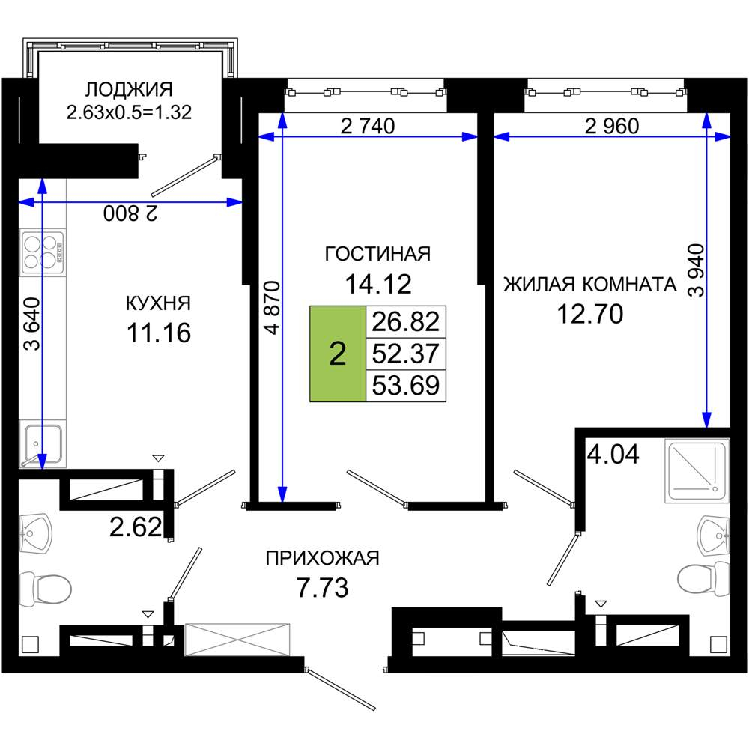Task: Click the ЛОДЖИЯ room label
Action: coord(129,90)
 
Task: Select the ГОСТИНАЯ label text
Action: coord(377,254)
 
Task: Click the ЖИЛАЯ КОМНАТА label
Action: coord(589,285)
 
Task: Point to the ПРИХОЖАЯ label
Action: coord(323,558)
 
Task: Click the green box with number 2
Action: coord(338,354)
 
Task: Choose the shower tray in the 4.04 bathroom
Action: coord(697,471)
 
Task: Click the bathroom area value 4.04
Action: coord(613,454)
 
